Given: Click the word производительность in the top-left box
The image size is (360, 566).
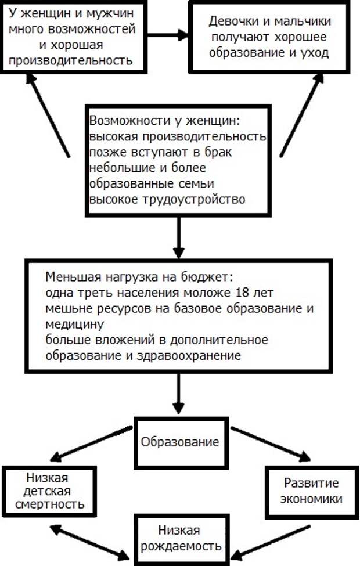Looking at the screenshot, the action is coord(71,60).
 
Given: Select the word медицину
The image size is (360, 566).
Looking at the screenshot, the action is coord(74,325).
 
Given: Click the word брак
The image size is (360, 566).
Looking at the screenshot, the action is coord(218,152).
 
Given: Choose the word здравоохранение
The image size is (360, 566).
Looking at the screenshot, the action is coord(189,356).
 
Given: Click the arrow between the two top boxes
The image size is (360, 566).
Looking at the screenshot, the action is coord(168,35).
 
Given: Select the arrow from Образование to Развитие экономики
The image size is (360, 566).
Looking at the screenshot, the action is coord(271,444).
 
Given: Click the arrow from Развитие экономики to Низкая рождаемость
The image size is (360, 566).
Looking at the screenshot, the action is coord(271,542).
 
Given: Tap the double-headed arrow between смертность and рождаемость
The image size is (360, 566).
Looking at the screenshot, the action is coord(90,542).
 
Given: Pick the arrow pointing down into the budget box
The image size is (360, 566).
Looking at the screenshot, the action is coord(178,237).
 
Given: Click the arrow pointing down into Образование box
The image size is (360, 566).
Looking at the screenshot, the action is coord(178,394).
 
